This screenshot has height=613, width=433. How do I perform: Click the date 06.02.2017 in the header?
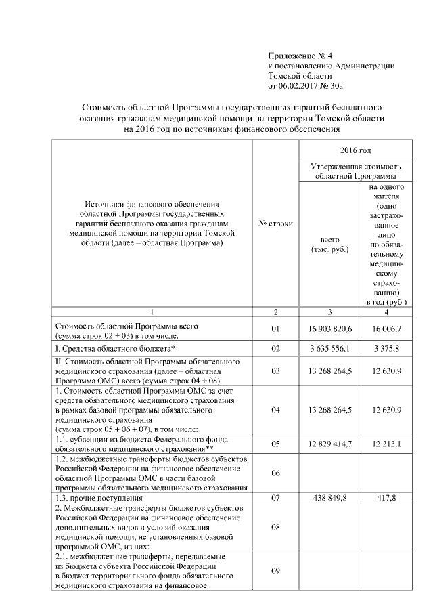(x=298, y=87)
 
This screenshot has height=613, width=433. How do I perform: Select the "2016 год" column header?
(x=355, y=149)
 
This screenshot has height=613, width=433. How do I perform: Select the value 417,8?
(x=387, y=498)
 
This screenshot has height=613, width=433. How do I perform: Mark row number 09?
(x=275, y=571)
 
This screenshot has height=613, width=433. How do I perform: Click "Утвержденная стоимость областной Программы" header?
(x=355, y=170)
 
